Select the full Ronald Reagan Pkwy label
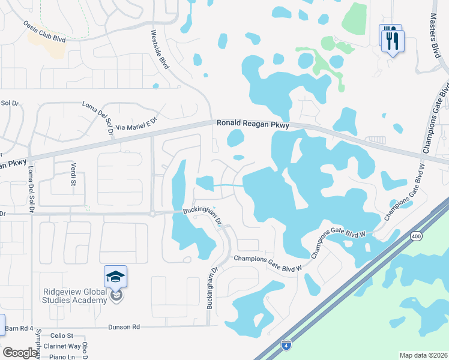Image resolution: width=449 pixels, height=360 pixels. coord(253,124)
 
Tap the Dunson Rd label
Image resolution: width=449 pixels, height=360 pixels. coord(124,327)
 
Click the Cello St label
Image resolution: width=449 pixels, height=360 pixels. coord(61,336)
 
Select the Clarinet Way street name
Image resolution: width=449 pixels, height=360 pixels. coord(66,346)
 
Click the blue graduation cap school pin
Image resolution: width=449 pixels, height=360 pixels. coord(115,278)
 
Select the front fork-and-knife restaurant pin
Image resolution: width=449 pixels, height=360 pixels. coord(394,41)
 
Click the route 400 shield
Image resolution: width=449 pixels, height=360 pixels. coord(416,237)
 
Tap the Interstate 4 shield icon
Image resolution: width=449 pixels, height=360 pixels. coord(286,344)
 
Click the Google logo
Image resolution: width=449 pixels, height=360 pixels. coord(20,353)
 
